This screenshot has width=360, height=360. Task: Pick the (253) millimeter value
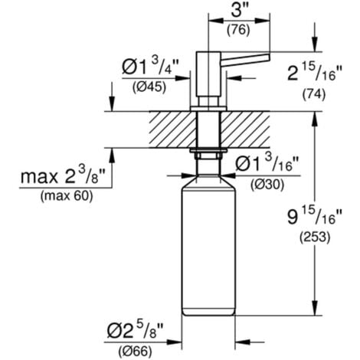pyautogui.click(x=309, y=238)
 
